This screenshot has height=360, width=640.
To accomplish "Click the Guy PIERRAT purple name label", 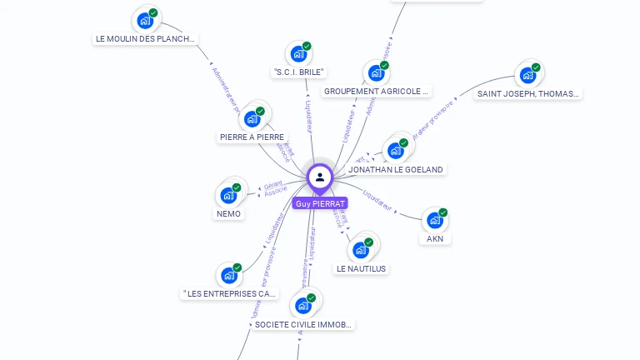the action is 320,203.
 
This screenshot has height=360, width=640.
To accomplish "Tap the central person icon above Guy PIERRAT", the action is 320,177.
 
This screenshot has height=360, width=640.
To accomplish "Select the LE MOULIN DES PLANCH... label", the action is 147,38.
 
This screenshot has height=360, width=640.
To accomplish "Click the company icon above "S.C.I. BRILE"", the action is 298,54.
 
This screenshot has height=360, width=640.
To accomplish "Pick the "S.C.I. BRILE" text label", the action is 298,72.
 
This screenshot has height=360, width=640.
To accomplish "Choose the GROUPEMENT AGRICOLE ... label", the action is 376,92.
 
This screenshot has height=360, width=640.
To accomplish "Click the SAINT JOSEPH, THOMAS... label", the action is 527,94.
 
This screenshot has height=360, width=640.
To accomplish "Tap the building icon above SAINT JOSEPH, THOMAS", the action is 527,76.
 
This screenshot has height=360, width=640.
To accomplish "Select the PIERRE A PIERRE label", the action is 252,137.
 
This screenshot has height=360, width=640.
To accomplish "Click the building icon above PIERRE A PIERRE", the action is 252,119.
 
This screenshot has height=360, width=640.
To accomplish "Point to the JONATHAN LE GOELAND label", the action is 396,169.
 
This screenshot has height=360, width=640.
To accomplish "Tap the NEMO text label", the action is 228,214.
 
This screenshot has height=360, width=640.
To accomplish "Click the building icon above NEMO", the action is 228,196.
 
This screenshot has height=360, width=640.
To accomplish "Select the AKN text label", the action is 435,239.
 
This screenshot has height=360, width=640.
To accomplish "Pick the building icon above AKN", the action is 434,221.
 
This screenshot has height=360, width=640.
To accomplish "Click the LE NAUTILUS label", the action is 362,269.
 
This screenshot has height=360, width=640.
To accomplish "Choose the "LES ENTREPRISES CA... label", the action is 229,294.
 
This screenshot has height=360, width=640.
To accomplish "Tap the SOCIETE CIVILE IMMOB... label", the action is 303,324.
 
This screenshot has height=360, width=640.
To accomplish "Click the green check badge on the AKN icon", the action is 443,212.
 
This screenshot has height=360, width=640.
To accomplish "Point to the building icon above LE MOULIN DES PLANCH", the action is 146,21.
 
